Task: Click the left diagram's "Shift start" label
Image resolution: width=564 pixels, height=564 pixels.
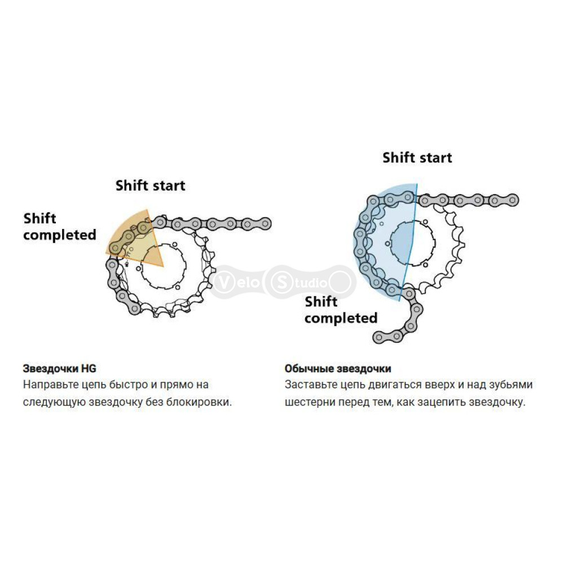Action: click(x=151, y=186)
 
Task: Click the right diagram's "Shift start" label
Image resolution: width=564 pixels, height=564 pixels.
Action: click(x=417, y=157)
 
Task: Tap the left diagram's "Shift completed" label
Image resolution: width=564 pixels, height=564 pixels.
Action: click(x=60, y=227)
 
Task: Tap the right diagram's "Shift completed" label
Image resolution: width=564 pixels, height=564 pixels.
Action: click(x=341, y=310)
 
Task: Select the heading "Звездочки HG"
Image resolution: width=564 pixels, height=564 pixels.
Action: click(x=60, y=369)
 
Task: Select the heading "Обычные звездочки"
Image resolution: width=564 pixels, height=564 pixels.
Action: click(x=338, y=369)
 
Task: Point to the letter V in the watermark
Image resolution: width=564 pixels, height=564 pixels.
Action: click(x=223, y=283)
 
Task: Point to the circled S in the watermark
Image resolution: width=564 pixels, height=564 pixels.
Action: click(x=281, y=283)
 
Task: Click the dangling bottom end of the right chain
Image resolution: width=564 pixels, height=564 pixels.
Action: click(x=378, y=337)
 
